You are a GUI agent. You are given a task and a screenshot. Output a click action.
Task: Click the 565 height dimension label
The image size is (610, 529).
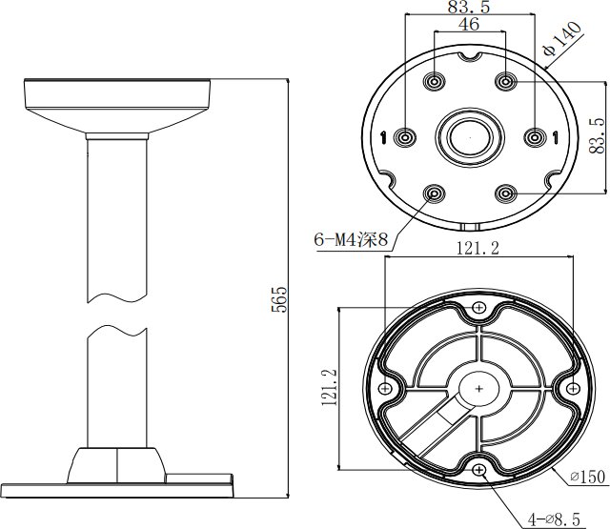tap(279, 299)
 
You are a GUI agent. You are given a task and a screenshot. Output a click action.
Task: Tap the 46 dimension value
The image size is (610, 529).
tap(469, 24)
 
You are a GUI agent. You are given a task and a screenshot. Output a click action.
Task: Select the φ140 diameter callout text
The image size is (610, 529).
tap(562, 38)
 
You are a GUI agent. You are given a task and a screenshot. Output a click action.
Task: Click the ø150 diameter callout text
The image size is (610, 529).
tap(588, 477)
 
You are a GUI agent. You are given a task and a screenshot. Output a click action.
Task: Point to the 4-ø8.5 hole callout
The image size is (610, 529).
tap(554, 519)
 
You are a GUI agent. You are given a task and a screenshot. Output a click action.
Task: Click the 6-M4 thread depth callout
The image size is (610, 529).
tap(351, 239)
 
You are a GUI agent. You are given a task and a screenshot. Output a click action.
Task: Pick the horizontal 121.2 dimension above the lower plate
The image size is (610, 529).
tap(478, 248)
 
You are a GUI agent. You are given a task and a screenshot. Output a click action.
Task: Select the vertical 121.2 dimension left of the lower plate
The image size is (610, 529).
tap(329, 387)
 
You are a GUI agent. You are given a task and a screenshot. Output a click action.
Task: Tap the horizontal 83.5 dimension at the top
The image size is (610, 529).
tap(469, 7)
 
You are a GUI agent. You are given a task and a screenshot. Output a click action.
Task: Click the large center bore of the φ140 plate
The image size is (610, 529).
tap(470, 137)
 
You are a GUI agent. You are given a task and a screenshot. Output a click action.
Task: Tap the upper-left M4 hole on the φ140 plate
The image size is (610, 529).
tap(435, 82)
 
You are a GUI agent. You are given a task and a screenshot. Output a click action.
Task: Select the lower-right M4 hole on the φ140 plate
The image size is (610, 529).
tap(506, 193)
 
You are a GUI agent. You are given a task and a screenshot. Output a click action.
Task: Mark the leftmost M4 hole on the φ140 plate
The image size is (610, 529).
tap(405, 137)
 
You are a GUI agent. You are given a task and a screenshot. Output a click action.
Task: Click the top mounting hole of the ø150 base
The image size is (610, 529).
tap(478, 308)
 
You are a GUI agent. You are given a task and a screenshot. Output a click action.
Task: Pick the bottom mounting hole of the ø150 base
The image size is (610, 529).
tap(478, 470)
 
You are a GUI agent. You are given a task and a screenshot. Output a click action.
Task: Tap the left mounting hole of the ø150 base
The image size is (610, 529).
tap(385, 388)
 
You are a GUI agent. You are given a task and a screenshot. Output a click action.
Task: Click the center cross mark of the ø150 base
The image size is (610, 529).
tap(478, 389)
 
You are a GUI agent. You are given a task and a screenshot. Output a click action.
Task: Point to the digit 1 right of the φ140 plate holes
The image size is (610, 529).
tap(556, 137)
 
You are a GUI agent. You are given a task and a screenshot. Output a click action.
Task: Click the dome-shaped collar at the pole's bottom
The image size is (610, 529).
tap(116, 465)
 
